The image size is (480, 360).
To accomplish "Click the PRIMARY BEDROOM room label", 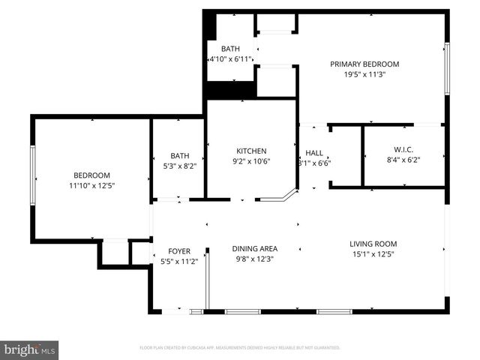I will click(364, 64).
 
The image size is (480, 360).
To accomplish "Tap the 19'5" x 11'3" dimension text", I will click(364, 74).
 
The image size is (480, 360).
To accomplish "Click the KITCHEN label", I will click(251, 150).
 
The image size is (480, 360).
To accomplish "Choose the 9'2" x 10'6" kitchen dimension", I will click(251, 160).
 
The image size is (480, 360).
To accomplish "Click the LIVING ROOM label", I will click(373, 244).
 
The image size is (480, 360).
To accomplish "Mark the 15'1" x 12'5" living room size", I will click(373, 254).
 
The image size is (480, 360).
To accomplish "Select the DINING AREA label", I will click(254, 249).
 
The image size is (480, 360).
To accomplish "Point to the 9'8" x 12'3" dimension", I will click(254, 259).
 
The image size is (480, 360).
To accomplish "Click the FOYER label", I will click(179, 251).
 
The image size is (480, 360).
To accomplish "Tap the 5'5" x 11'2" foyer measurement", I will click(179, 262).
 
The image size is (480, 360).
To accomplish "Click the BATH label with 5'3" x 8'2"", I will click(179, 156).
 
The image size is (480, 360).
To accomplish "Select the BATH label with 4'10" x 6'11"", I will click(231, 49).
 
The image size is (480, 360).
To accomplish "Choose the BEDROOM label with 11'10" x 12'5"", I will click(91, 174).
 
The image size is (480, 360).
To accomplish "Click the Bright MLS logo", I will click(30, 350).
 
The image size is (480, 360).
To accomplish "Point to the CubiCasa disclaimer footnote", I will click(240, 348).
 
